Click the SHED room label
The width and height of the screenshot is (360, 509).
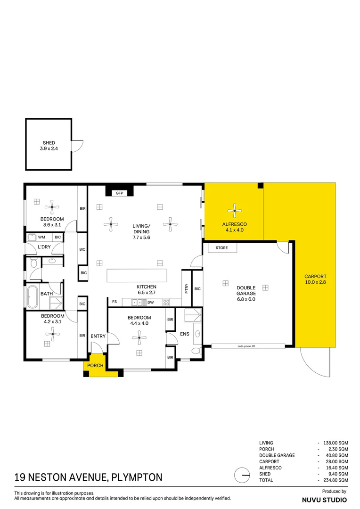49,143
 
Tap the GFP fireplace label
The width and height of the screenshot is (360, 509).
119,192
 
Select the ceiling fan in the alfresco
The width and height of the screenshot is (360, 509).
234,211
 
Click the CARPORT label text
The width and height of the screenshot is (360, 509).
315,277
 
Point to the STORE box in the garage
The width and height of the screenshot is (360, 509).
221,248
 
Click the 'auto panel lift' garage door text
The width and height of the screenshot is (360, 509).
248,346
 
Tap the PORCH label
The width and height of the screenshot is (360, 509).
96,366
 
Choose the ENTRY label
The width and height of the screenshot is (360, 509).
98,336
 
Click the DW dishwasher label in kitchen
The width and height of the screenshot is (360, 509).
150,302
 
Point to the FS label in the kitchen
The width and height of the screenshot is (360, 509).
114,302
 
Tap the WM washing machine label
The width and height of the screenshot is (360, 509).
41,237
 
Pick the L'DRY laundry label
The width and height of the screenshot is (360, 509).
44,247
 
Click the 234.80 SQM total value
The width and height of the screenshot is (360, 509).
335,480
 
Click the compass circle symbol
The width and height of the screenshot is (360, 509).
242,476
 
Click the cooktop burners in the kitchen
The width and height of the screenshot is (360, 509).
166,302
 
